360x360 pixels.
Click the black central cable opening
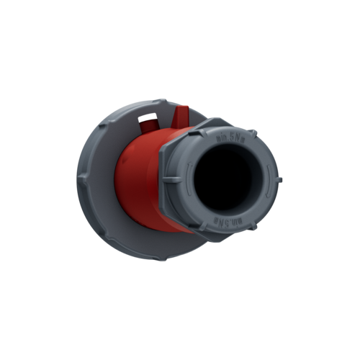pyautogui.click(x=224, y=178)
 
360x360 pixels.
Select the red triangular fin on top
pyautogui.click(x=182, y=116)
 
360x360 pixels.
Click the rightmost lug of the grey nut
pyautogui.click(x=280, y=178)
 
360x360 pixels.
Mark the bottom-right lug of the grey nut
pyautogui.click(x=253, y=225)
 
